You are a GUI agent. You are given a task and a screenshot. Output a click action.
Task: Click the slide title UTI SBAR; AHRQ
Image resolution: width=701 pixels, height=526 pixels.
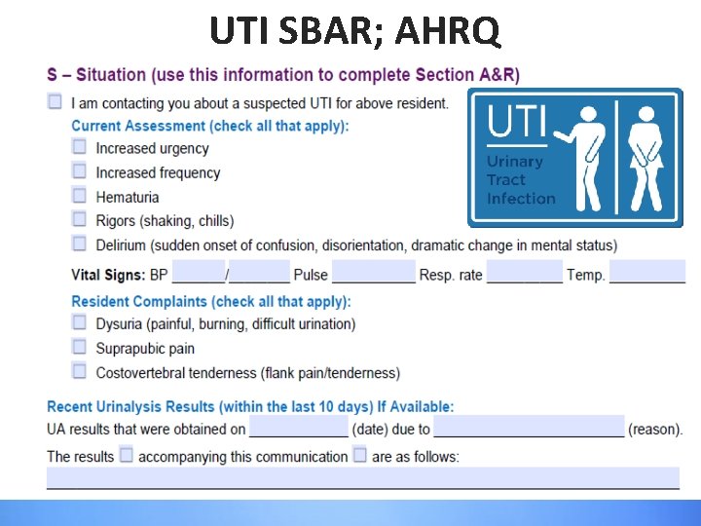355,30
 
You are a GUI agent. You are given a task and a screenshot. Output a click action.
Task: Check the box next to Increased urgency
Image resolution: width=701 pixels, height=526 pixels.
79,147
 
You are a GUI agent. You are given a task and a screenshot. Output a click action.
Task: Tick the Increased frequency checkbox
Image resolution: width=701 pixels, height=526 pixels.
79,171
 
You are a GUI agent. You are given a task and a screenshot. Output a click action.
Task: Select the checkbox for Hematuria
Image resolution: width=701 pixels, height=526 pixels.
79,196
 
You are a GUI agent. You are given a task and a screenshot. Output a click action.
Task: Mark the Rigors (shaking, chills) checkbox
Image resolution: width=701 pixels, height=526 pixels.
79,219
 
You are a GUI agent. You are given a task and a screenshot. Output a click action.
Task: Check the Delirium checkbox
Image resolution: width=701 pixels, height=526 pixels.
79,244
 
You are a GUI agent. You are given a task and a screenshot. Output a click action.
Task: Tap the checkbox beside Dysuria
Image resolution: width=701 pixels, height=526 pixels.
79,322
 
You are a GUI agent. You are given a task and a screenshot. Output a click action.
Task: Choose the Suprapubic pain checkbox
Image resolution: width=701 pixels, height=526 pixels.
79,347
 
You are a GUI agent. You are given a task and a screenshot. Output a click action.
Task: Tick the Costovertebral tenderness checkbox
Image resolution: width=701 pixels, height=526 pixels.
79,371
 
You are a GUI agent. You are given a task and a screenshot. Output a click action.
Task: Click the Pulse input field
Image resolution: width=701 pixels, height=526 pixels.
373,272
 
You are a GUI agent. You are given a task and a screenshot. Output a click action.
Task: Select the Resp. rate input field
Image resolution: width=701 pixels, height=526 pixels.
524,272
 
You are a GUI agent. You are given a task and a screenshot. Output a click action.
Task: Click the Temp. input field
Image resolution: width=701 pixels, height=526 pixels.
647,272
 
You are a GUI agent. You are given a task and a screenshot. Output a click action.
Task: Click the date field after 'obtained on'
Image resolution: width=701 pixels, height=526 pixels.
298,427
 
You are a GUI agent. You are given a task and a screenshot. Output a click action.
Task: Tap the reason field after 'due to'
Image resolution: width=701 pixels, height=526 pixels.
529,427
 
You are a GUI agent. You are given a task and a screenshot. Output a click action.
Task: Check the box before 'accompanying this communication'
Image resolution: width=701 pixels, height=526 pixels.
126,455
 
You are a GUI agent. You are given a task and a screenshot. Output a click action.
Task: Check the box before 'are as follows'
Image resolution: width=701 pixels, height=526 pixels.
359,455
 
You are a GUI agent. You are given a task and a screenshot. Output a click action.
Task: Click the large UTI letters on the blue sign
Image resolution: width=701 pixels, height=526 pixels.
515,125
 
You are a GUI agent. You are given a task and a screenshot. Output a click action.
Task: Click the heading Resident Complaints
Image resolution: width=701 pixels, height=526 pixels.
211,302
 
